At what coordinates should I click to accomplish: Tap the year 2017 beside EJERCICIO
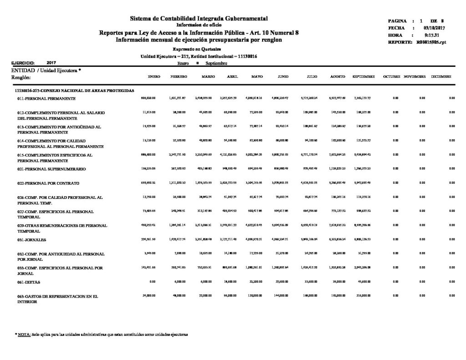51,63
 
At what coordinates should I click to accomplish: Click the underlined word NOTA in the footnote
24,335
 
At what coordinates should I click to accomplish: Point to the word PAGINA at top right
397,21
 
